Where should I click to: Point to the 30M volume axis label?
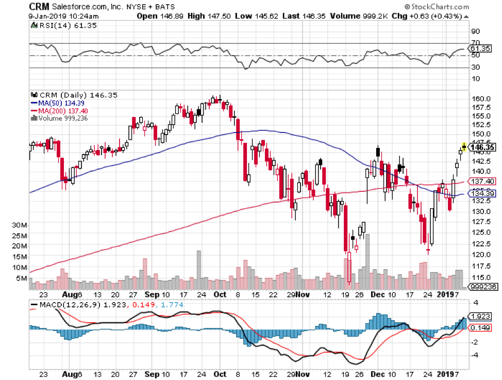tap(20, 225)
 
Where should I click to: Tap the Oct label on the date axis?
tap(220, 294)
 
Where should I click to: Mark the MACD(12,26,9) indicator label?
tap(63, 305)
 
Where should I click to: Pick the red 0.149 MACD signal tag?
tap(479, 328)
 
